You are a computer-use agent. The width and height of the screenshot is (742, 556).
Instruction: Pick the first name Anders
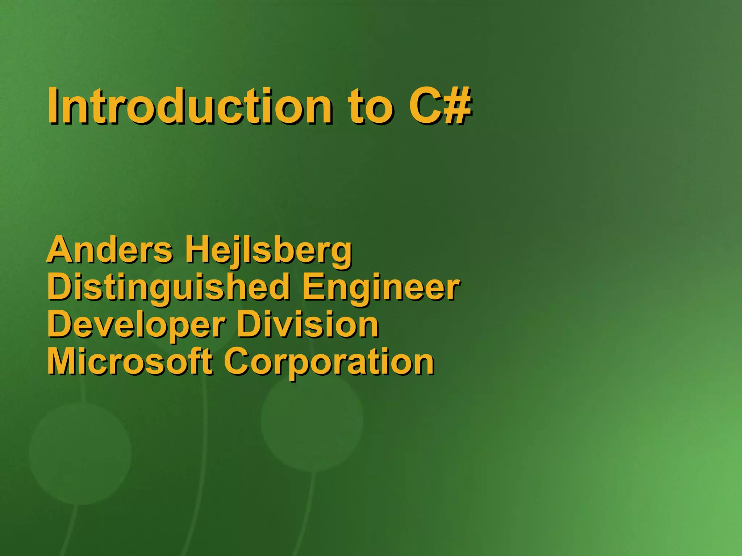point(110,250)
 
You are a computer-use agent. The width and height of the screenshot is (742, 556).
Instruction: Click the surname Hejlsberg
point(268,250)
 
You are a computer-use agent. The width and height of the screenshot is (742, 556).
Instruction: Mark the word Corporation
point(329,362)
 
